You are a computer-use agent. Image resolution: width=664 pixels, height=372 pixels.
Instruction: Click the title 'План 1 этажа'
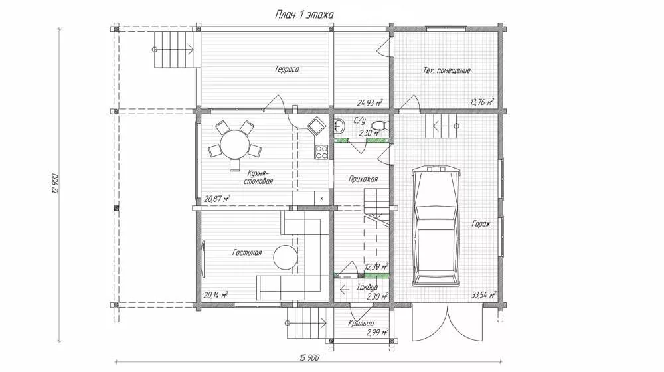(x=304, y=15)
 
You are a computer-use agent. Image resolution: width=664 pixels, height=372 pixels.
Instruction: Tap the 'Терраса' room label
(x=287, y=69)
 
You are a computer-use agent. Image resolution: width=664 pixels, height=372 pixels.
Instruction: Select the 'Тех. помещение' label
(x=447, y=70)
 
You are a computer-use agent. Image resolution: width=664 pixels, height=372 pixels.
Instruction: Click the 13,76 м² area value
(x=482, y=102)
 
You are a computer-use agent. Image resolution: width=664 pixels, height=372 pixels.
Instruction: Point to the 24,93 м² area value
(x=370, y=102)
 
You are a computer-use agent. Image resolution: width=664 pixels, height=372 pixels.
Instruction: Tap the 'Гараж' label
(x=481, y=223)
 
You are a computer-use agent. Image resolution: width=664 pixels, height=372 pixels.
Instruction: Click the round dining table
(x=234, y=143)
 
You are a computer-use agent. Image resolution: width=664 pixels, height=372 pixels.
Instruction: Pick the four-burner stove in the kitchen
(x=321, y=152)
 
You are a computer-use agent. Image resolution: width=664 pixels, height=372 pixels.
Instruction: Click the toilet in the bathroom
(x=379, y=126)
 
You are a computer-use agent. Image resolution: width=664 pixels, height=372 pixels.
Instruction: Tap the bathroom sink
(x=339, y=126)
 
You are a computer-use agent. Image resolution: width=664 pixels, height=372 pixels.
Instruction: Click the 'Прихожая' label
(x=363, y=179)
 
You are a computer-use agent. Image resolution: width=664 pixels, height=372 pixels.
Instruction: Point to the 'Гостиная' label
(x=247, y=252)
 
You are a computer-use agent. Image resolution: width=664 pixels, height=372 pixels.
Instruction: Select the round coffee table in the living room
(x=286, y=257)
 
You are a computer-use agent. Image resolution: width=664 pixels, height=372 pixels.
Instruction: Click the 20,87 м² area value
(x=217, y=198)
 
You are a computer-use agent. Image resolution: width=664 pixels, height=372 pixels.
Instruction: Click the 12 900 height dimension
(x=55, y=183)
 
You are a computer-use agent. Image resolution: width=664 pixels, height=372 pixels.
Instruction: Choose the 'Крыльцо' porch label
(x=361, y=324)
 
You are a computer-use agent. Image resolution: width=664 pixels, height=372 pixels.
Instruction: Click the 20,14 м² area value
(x=216, y=295)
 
